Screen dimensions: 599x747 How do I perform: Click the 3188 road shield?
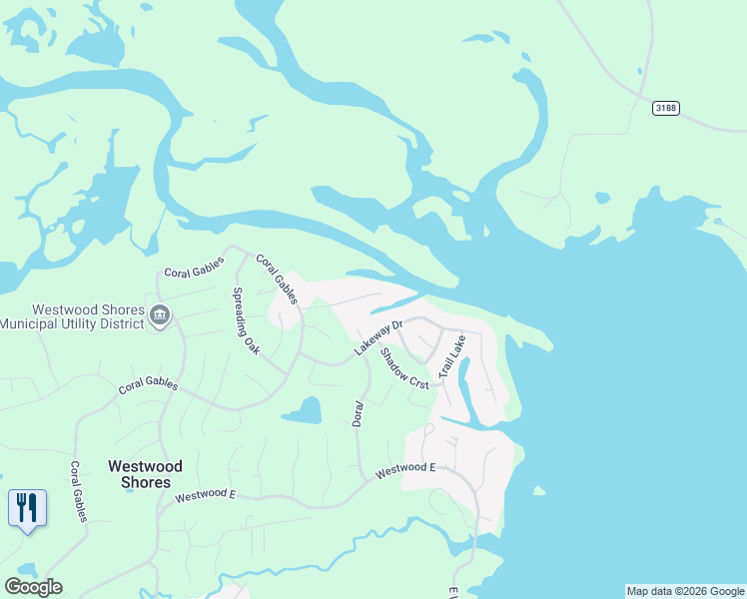tap(666, 108)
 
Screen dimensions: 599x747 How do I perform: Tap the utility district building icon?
tap(160, 316)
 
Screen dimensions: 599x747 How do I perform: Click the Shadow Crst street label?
tap(403, 368)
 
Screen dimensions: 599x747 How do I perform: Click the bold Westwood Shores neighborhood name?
tap(145, 474)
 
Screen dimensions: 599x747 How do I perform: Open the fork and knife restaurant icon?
tap(27, 508)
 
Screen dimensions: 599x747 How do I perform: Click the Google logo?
tap(33, 586)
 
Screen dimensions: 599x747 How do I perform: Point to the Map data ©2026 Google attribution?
tap(685, 591)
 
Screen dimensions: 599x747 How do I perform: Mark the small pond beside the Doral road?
tap(303, 410)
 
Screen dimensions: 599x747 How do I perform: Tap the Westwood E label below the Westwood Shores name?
tap(205, 496)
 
